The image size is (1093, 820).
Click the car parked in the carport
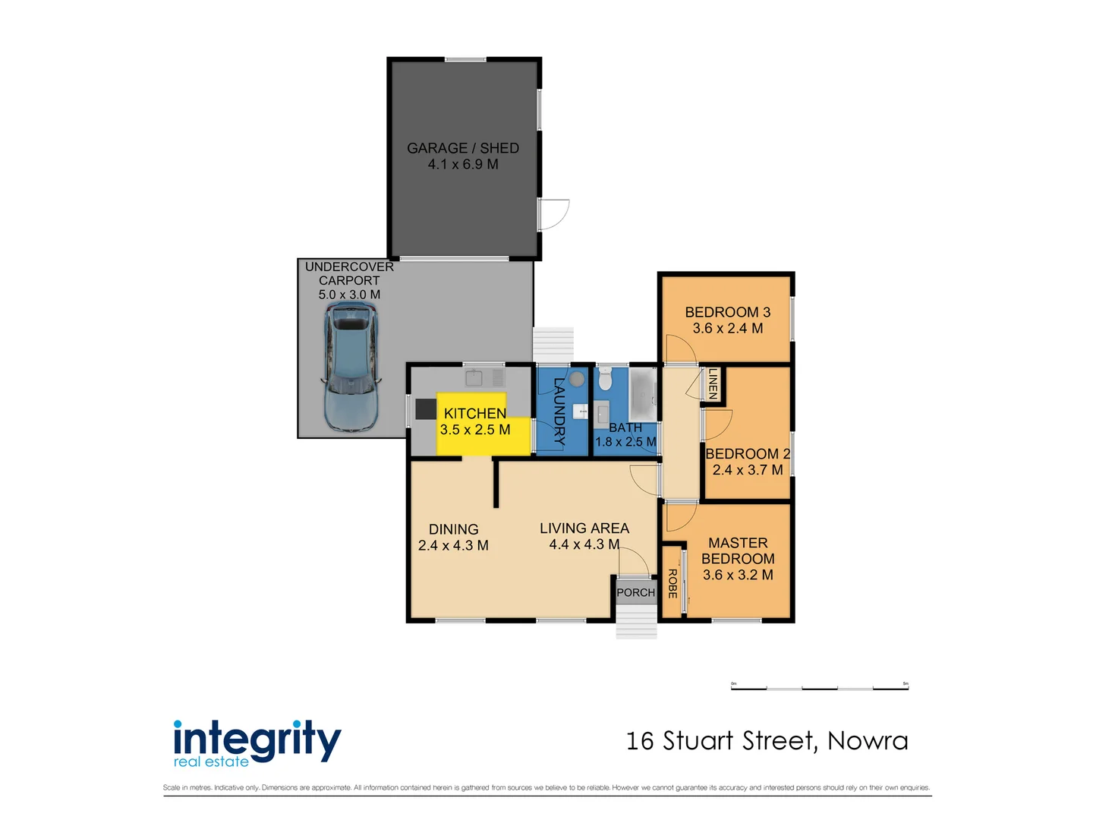click(x=351, y=367)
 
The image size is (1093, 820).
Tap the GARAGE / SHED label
click(x=463, y=148)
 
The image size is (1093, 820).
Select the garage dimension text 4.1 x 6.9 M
click(x=463, y=165)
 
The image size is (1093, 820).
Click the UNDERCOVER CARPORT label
click(x=349, y=273)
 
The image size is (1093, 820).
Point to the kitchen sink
click(x=474, y=377)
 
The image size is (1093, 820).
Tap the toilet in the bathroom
click(x=605, y=378)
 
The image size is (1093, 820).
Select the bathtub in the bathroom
click(x=643, y=394)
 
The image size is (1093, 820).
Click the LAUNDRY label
click(x=559, y=411)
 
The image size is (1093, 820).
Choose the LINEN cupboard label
click(x=713, y=384)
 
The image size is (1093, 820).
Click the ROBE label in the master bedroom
click(x=672, y=583)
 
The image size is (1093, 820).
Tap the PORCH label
click(x=635, y=592)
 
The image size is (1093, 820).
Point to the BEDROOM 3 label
click(x=727, y=312)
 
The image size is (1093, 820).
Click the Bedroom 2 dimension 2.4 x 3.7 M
click(x=748, y=470)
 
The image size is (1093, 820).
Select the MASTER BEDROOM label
click(x=738, y=550)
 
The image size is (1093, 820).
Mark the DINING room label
click(x=453, y=529)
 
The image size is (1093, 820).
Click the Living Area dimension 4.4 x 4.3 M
click(x=584, y=544)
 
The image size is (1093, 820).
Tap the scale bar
click(x=819, y=688)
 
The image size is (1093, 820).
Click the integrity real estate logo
click(x=257, y=743)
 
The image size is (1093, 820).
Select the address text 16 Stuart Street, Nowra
click(x=767, y=741)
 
